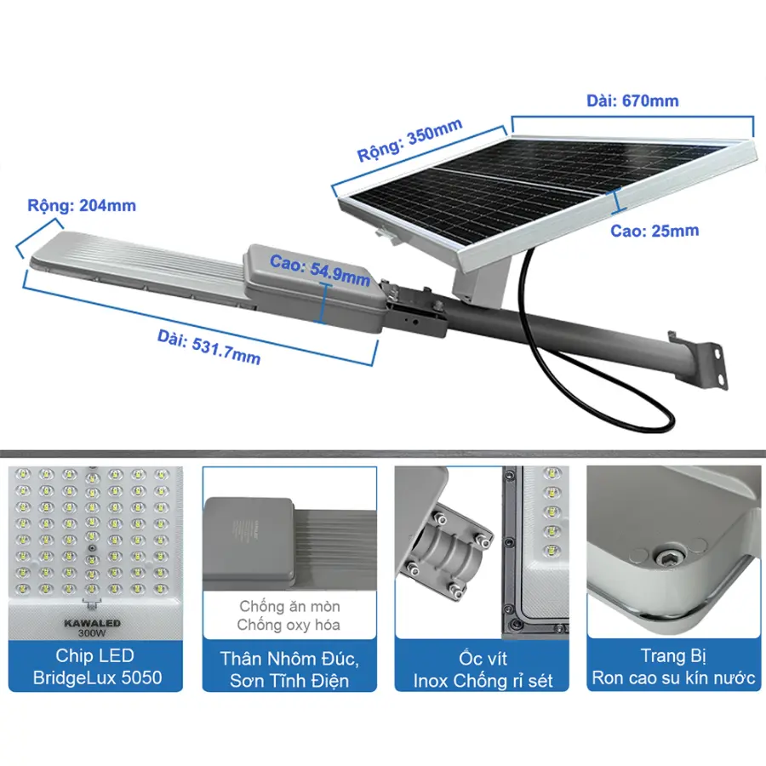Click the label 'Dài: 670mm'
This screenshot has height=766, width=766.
tap(632, 100)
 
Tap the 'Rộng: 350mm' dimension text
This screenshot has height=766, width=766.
tap(409, 140)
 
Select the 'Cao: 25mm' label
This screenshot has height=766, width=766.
tap(655, 231)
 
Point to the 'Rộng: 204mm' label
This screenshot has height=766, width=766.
tap(82, 205)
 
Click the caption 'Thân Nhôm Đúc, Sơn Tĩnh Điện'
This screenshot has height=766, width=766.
tap(289, 669)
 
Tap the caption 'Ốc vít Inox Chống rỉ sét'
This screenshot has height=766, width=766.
tap(483, 669)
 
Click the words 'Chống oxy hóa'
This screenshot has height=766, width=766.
tap(289, 625)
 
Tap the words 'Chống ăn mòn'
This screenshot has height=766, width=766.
tap(289, 606)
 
